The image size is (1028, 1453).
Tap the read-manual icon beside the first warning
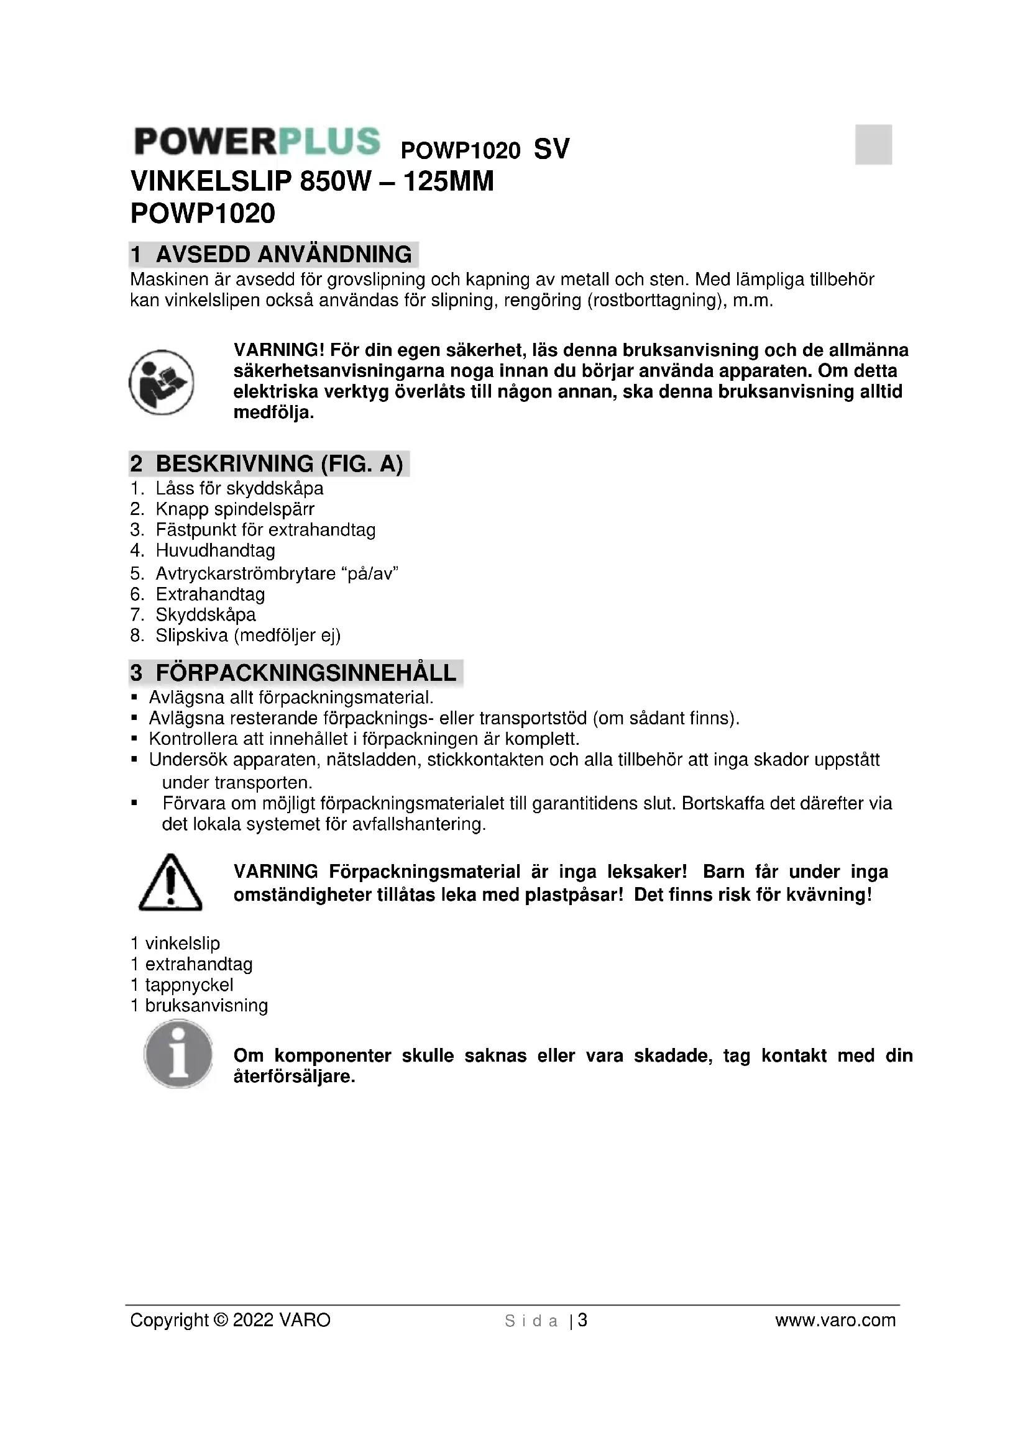click(x=162, y=382)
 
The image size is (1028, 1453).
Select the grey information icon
click(x=178, y=1054)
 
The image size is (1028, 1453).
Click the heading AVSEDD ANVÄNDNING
click(x=283, y=255)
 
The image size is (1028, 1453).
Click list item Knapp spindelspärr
click(x=235, y=509)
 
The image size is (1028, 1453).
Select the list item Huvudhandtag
click(x=215, y=550)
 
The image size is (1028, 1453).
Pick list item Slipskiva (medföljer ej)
click(x=248, y=635)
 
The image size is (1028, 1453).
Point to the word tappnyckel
click(x=190, y=985)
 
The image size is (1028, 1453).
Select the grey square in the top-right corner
click(x=873, y=144)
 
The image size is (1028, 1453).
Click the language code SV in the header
click(x=551, y=149)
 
